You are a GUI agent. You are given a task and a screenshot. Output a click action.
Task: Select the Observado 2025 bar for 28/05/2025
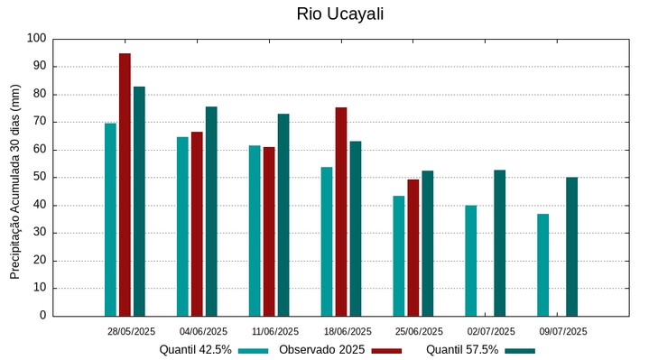pos(125,185)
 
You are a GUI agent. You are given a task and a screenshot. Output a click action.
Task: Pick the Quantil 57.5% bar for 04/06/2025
pos(211,211)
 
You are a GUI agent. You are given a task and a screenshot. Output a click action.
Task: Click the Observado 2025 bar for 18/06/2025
pos(341,212)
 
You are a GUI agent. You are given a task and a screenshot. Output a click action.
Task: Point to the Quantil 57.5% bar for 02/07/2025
pos(500,243)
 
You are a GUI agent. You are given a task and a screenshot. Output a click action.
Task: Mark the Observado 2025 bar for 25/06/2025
pos(413,247)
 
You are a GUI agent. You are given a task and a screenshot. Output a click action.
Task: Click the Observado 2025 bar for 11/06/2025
pos(269,231)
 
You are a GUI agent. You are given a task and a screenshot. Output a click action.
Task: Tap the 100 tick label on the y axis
pos(36,39)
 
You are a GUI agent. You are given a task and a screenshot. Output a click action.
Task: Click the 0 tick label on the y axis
pos(42,316)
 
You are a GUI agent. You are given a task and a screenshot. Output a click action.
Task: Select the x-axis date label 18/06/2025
pos(348,331)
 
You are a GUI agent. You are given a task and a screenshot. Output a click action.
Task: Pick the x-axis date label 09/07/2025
pos(563,331)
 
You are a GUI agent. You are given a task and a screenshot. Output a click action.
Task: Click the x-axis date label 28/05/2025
pos(131,331)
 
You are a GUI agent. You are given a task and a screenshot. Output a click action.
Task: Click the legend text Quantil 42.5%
pos(195,350)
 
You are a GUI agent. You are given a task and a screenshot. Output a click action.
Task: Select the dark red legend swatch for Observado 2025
pos(386,350)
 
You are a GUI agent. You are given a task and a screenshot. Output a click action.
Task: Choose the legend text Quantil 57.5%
pos(462,350)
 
